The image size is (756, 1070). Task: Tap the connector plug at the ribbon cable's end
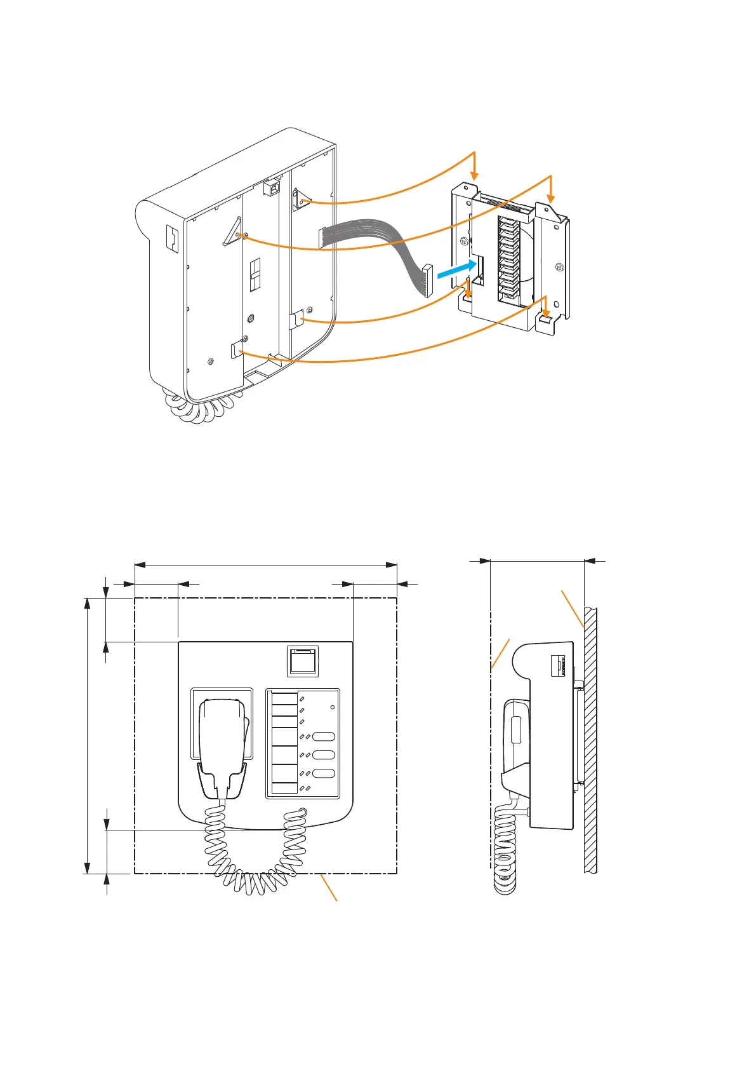(x=427, y=281)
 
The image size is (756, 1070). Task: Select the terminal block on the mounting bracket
(x=507, y=257)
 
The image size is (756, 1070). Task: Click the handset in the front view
(x=222, y=743)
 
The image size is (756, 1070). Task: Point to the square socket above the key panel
(x=303, y=660)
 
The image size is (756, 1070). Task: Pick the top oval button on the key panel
(x=324, y=736)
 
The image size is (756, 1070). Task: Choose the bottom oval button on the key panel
(x=324, y=773)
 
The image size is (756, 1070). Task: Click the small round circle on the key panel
(x=333, y=707)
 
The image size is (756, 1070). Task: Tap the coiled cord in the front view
(x=254, y=858)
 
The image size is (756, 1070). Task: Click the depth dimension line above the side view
(x=537, y=561)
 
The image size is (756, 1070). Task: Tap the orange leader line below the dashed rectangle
(x=329, y=887)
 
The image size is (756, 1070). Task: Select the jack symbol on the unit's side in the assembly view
(x=171, y=237)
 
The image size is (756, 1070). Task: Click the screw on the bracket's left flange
(x=464, y=241)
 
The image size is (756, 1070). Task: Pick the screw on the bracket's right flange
(x=559, y=268)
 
